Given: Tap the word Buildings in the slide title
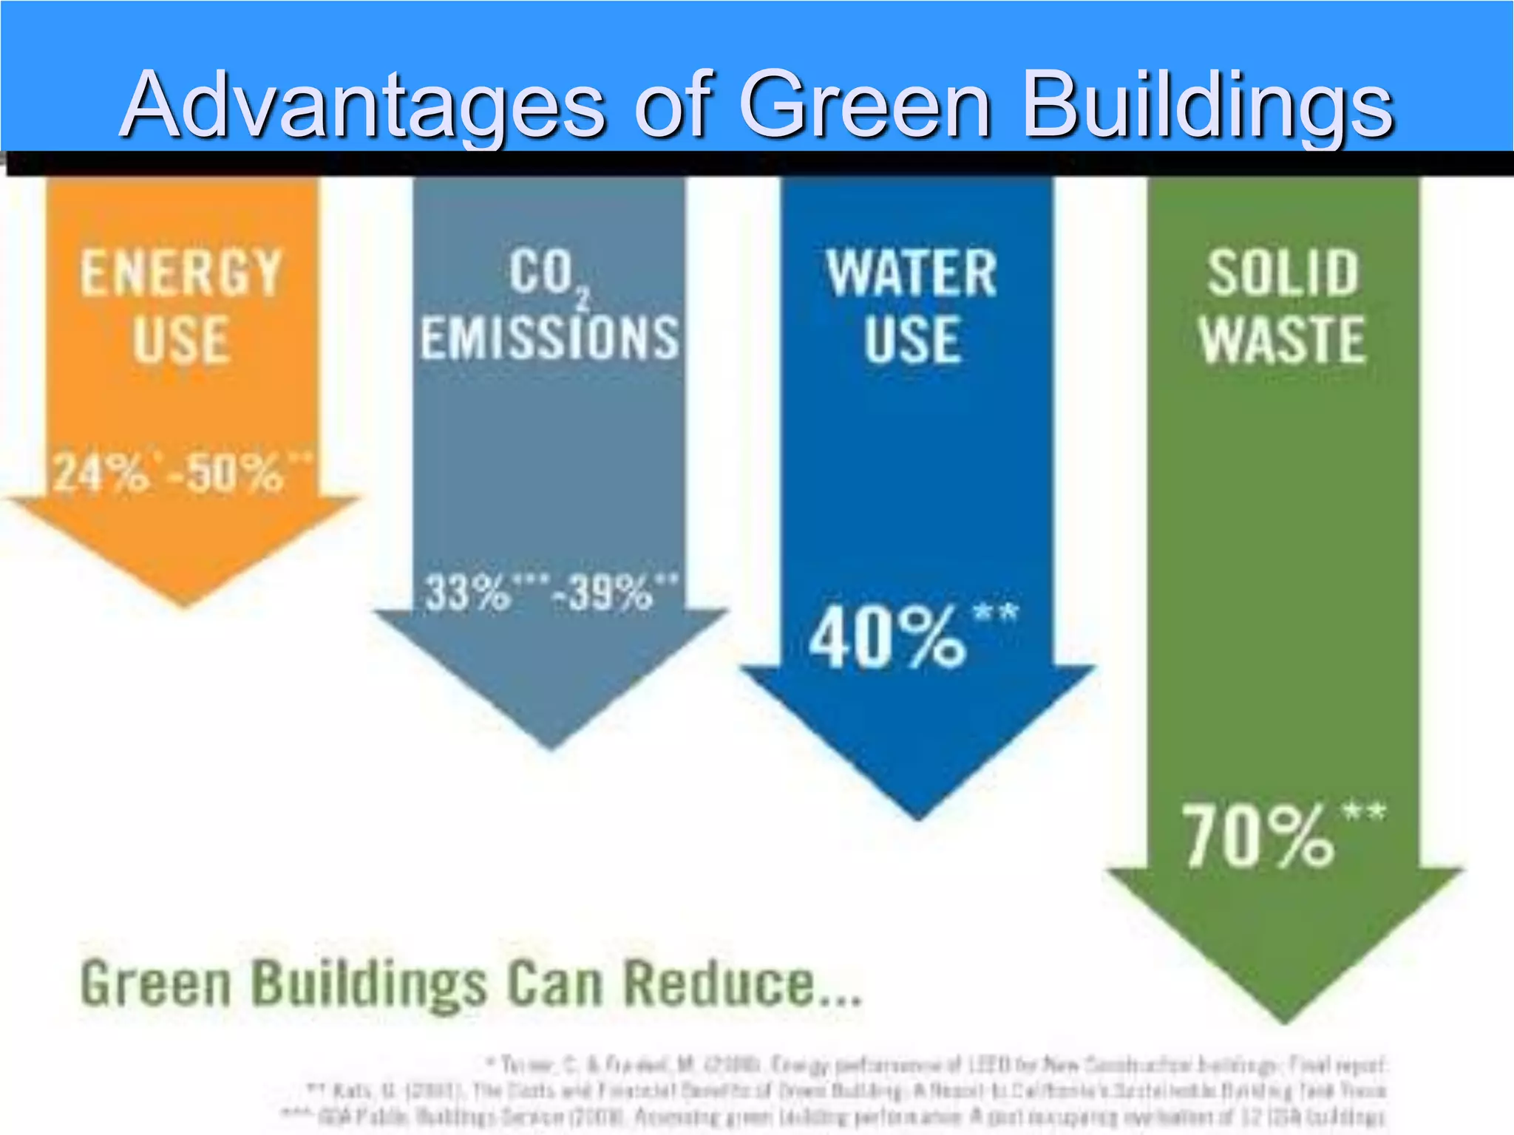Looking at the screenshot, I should (1208, 105).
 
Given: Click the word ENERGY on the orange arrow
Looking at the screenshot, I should (181, 273).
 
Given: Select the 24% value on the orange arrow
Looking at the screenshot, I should (101, 472).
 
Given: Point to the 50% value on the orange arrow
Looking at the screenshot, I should (235, 472).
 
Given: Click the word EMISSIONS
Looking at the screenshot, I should (549, 338).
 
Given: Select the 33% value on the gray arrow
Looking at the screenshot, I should (467, 592).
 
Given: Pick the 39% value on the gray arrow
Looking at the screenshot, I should (611, 592).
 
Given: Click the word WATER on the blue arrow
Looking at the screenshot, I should (912, 273).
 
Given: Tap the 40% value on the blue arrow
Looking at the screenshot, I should (887, 637).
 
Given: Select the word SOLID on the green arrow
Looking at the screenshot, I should (1283, 273).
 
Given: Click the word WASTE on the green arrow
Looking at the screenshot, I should (1283, 339).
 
